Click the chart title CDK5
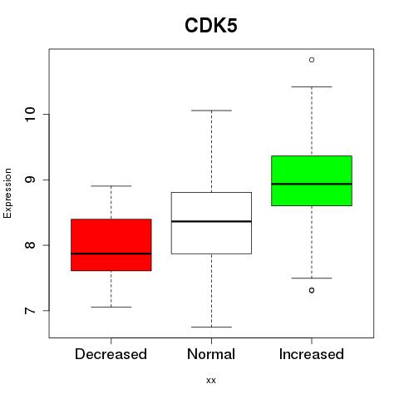[211, 26]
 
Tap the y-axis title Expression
[7, 193]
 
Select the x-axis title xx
[211, 381]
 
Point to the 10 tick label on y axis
[30, 114]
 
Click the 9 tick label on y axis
[30, 180]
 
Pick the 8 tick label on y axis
[30, 245]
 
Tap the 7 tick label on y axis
[30, 310]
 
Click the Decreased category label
[111, 354]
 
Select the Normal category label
[211, 354]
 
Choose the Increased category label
[312, 354]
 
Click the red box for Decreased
[111, 244]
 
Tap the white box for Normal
[211, 223]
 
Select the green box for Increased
[312, 180]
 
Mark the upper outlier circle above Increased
[312, 60]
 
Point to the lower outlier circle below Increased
[312, 290]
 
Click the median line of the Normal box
[211, 221]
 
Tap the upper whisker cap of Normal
[211, 111]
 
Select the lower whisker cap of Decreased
[111, 307]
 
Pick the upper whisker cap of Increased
[312, 86]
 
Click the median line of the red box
[111, 254]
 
